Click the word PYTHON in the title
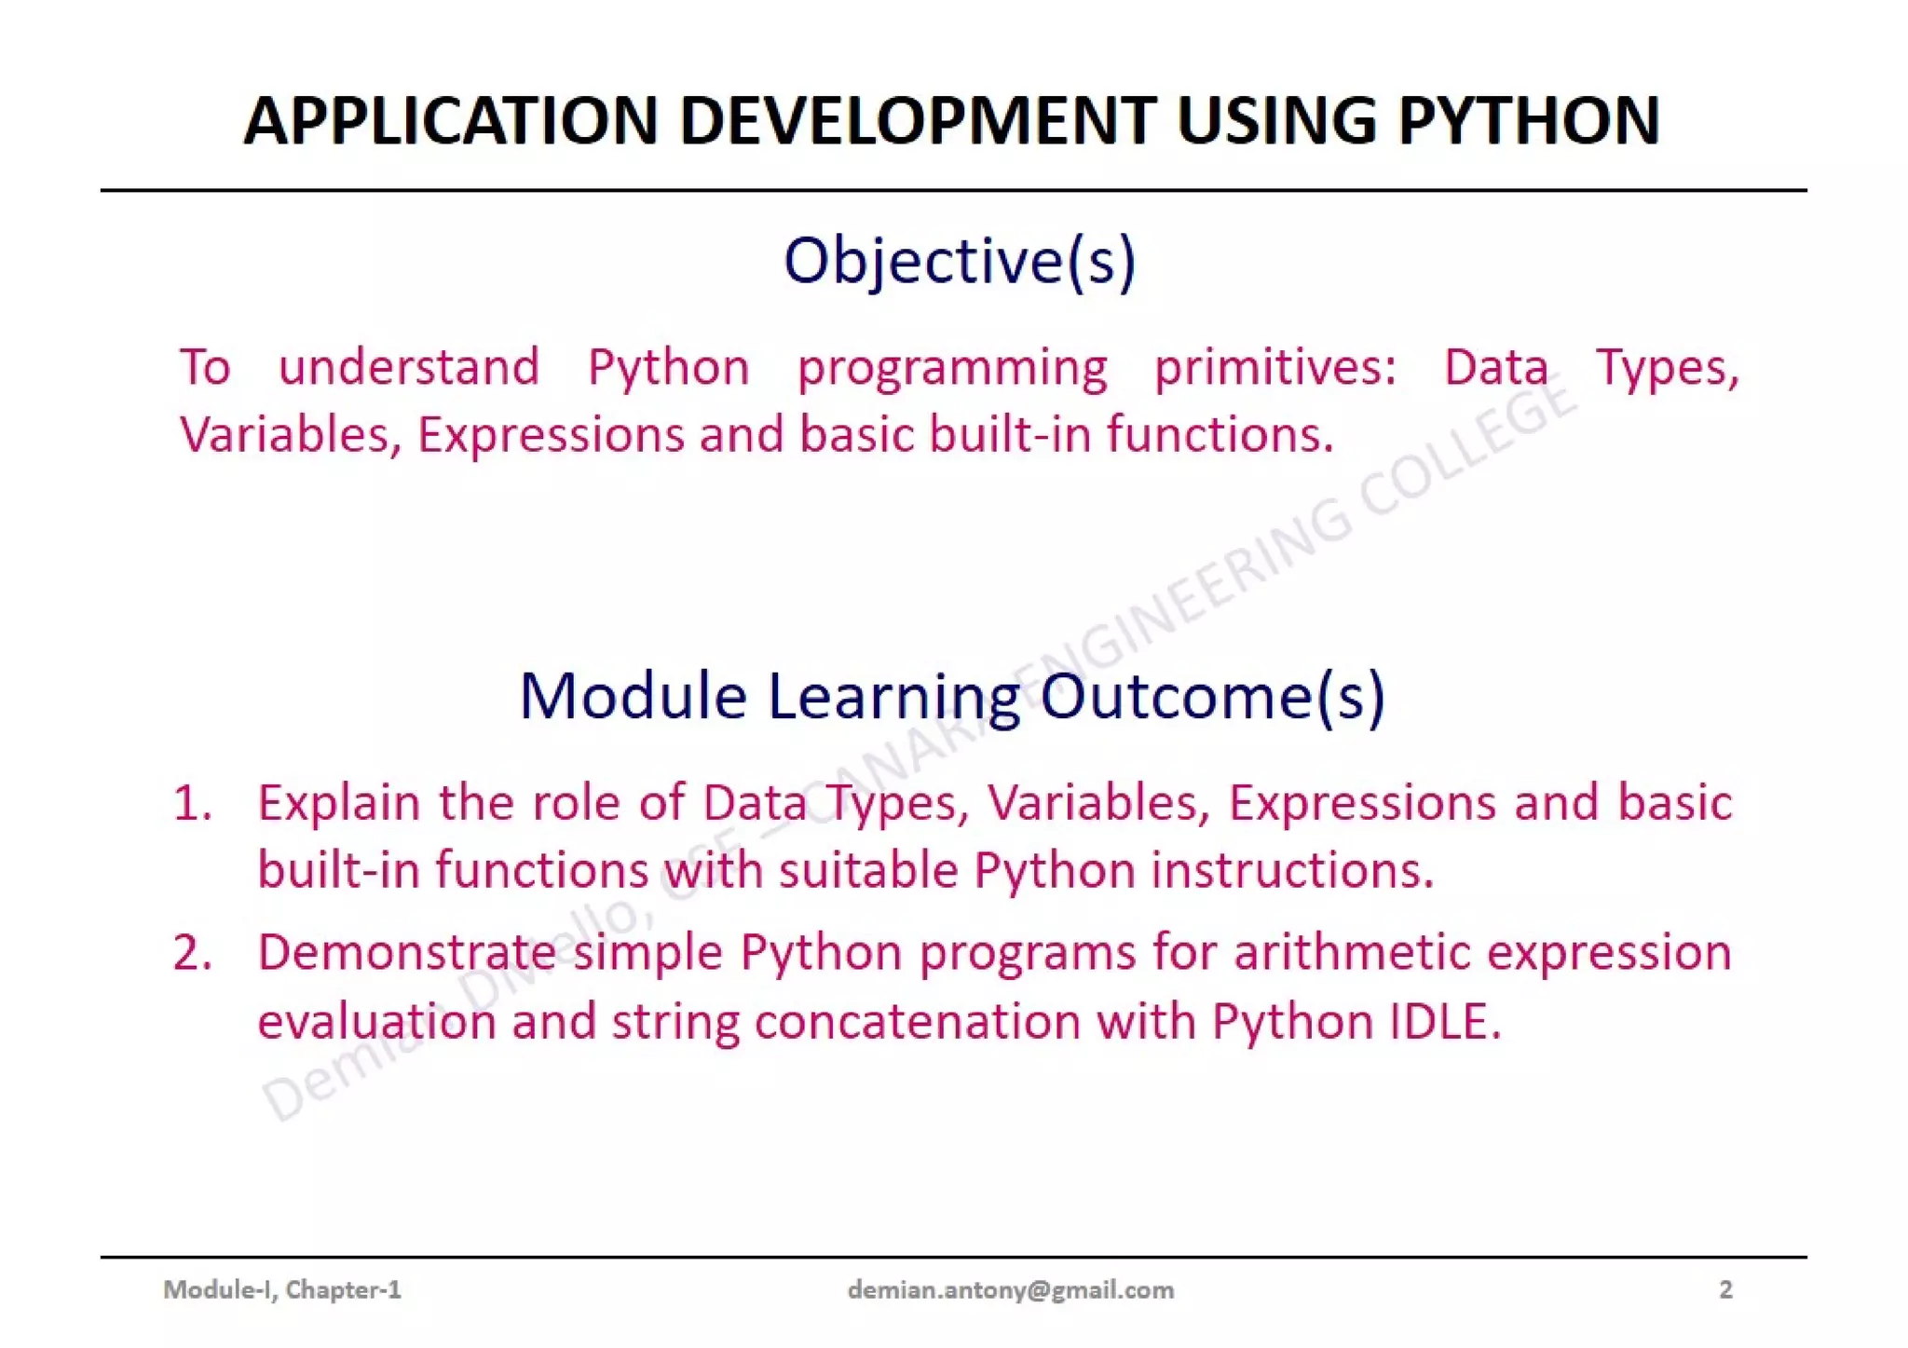tap(1529, 121)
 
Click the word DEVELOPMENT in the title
tap(918, 121)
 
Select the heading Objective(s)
tap(960, 261)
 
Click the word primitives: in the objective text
tap(1275, 367)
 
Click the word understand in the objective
tap(409, 367)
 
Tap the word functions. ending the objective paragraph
tap(1220, 434)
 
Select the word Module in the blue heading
tap(633, 697)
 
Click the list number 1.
tap(192, 803)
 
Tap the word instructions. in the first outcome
tap(1292, 871)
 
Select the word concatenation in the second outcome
tap(917, 1022)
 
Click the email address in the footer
tap(1010, 1289)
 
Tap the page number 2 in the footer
tap(1725, 1289)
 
